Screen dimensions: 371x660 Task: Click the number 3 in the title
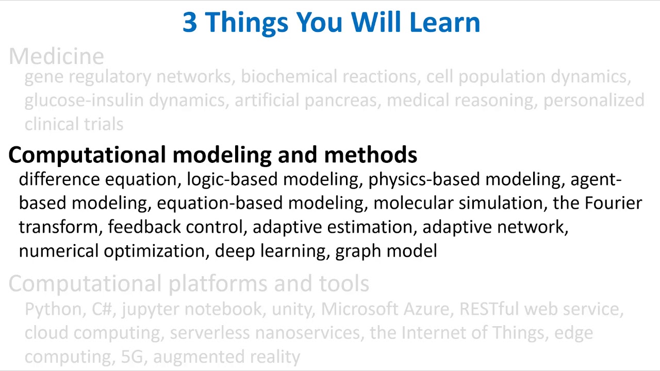coord(190,23)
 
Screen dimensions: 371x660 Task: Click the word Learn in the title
coord(444,23)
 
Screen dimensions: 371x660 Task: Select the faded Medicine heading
coord(56,56)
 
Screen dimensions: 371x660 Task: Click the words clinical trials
coord(74,124)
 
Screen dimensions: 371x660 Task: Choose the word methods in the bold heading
coord(370,155)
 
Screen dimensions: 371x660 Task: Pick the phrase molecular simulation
coord(458,203)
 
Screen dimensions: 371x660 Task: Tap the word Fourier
coord(613,203)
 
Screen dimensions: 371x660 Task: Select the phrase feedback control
coord(175,227)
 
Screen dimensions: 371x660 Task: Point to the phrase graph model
coord(386,251)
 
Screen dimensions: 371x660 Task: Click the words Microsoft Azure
coord(385,309)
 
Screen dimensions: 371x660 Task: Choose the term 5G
coord(132,357)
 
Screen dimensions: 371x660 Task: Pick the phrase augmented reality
coord(226,357)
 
